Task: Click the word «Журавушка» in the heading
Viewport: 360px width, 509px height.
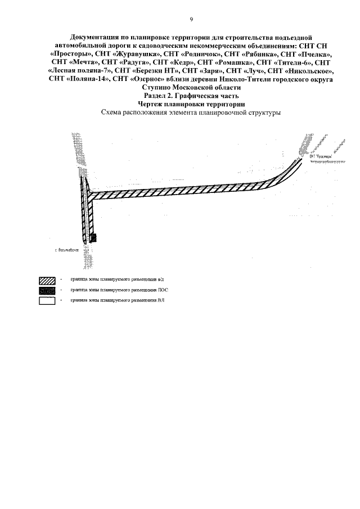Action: point(135,54)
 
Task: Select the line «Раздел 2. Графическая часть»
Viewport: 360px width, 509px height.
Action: point(191,96)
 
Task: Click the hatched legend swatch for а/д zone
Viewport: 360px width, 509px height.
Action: point(47,280)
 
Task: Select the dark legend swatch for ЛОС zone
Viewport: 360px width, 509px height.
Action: point(47,290)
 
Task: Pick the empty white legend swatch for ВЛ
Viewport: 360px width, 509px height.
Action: point(47,301)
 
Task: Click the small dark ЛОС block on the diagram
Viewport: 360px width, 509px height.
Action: point(93,237)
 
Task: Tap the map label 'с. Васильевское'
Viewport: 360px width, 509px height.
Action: point(67,249)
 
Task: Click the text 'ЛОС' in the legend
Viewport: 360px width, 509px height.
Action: point(163,290)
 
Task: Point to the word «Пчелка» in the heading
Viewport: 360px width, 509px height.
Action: point(312,54)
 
